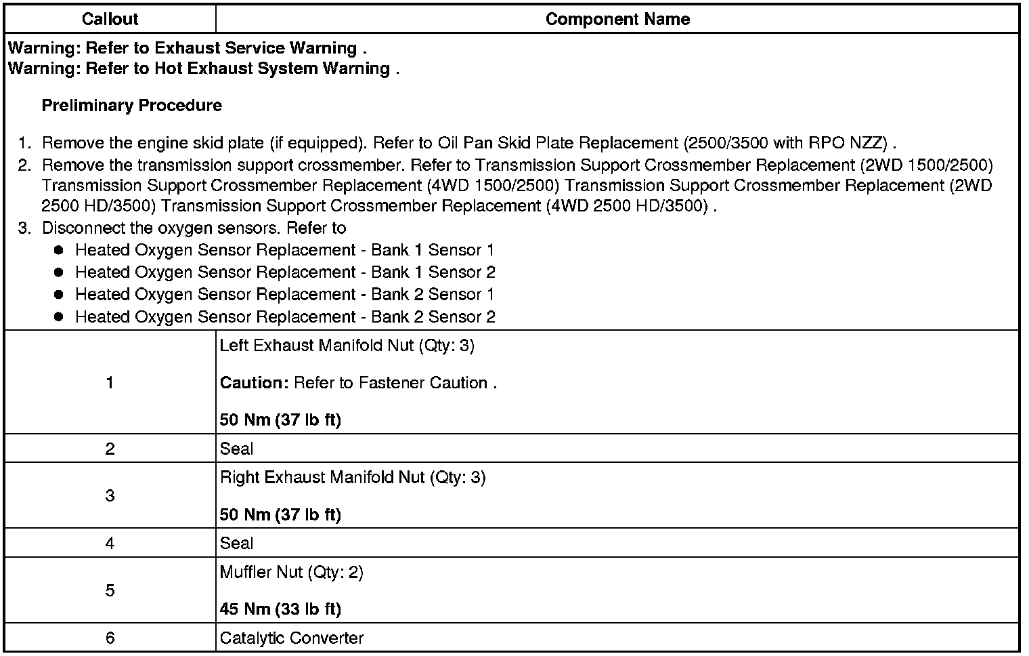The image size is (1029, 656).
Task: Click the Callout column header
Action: click(x=110, y=19)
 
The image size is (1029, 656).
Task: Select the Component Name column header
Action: click(x=617, y=19)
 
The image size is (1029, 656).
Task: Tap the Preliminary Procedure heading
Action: click(x=132, y=106)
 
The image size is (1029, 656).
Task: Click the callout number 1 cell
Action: click(x=110, y=383)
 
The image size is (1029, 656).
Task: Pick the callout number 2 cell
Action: click(x=110, y=449)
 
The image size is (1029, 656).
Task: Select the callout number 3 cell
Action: click(x=110, y=495)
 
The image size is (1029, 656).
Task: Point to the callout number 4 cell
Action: click(x=110, y=543)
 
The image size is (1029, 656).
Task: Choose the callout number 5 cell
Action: click(x=110, y=590)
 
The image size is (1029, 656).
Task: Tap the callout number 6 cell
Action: click(x=110, y=638)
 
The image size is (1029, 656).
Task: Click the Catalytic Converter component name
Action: click(x=292, y=638)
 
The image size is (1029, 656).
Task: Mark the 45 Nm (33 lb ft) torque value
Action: click(x=280, y=609)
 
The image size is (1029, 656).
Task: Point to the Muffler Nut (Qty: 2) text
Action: click(x=292, y=573)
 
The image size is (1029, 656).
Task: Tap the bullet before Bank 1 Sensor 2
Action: click(x=58, y=272)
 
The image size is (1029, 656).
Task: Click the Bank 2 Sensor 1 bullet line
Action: click(x=284, y=295)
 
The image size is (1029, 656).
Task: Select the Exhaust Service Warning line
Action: click(x=188, y=48)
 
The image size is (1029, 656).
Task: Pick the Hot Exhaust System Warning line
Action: click(x=203, y=68)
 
